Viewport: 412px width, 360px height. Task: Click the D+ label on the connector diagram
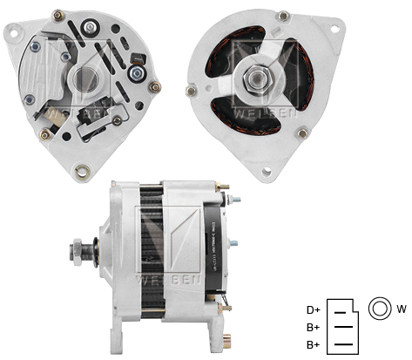click(x=312, y=309)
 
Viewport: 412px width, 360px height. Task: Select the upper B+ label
click(x=312, y=328)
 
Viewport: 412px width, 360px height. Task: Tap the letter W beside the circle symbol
click(x=402, y=309)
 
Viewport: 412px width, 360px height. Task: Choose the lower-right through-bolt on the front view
click(x=303, y=133)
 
